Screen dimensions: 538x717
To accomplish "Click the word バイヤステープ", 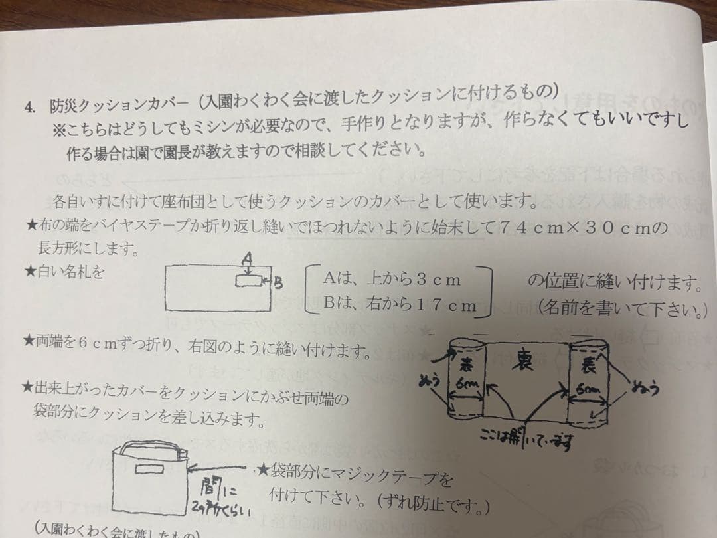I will click(x=149, y=226).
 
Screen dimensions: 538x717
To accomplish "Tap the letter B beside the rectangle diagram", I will click(x=279, y=284).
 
